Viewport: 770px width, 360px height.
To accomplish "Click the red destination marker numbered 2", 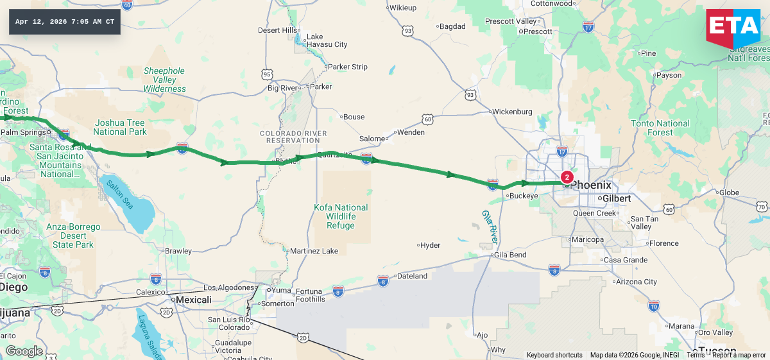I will tap(567, 177).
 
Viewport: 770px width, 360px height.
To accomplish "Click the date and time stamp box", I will tap(65, 22).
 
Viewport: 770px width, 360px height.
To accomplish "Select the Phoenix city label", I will tap(590, 185).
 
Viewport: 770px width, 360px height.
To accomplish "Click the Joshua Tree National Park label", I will tap(120, 127).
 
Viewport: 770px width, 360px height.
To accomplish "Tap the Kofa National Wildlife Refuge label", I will tap(341, 216).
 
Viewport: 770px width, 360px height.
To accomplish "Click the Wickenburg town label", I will tap(512, 112).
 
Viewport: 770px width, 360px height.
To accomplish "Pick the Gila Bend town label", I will tap(509, 255).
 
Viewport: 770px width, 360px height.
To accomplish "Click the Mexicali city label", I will tap(194, 300).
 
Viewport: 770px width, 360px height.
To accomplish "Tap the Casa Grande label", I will tap(625, 260).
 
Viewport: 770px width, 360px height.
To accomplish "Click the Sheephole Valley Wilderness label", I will tap(164, 80).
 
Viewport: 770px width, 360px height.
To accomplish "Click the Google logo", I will tap(24, 351).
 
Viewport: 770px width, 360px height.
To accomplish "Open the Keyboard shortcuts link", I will tap(554, 355).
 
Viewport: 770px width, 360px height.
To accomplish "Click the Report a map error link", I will tap(739, 355).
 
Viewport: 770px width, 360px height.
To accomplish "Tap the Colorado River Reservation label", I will tap(293, 137).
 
